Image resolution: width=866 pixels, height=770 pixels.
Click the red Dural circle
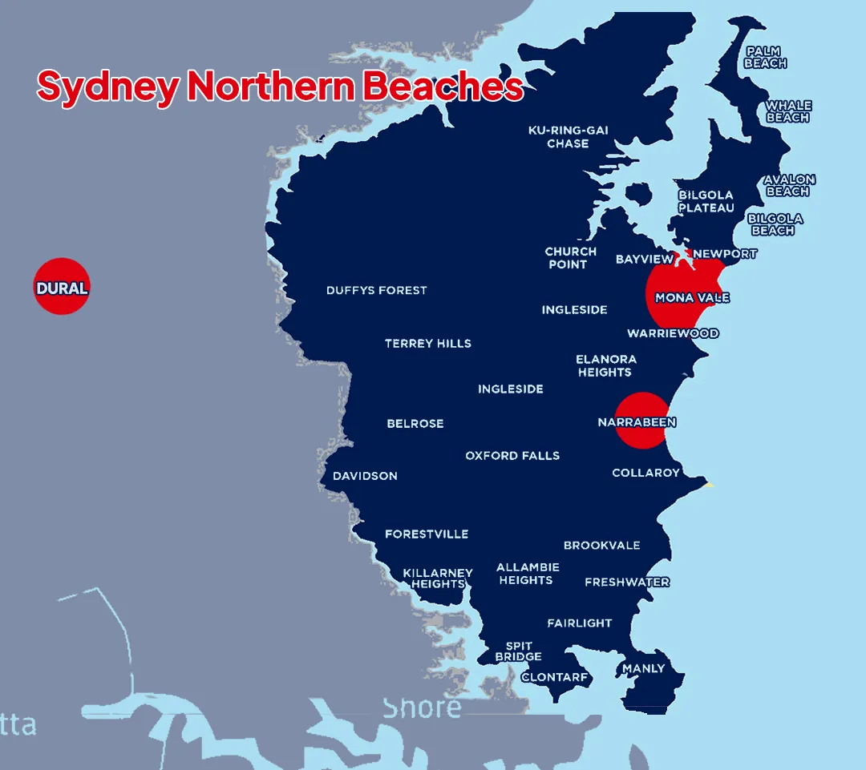[62, 287]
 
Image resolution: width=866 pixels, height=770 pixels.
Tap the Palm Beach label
[766, 57]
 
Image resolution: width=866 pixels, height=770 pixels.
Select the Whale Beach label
[788, 111]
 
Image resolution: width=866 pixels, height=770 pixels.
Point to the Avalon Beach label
[789, 185]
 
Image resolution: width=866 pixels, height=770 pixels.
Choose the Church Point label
[570, 258]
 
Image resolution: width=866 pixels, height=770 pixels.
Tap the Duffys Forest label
[376, 290]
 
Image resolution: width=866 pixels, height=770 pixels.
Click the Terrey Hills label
[427, 343]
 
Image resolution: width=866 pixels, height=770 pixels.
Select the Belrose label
[415, 423]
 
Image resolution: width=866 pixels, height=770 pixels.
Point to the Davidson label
[365, 476]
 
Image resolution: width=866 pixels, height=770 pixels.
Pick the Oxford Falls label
[512, 455]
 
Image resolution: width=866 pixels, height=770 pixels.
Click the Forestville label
[426, 534]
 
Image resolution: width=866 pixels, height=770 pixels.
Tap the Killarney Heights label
[438, 579]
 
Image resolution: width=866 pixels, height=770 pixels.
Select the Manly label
[643, 668]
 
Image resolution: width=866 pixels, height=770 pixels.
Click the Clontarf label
[555, 677]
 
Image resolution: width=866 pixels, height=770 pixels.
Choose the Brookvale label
[601, 545]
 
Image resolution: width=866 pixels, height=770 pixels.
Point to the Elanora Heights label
[605, 365]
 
